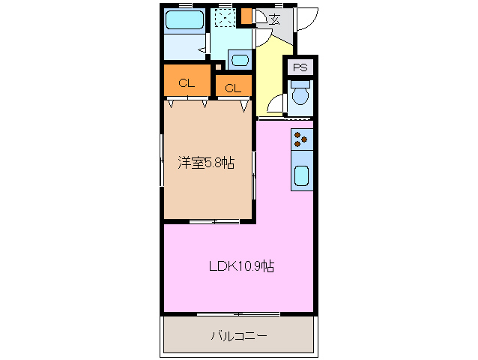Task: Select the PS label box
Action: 300,67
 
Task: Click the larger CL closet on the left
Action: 187,82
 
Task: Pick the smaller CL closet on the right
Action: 233,87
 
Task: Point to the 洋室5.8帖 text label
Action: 205,163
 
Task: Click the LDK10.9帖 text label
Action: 240,266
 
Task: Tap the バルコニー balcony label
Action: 238,335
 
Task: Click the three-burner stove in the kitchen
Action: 301,138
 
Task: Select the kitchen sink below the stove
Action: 301,175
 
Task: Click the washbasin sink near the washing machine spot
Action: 240,59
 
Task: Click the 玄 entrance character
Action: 275,19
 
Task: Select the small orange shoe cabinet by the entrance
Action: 246,16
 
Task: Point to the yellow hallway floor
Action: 271,75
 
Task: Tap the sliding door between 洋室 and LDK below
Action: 214,221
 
